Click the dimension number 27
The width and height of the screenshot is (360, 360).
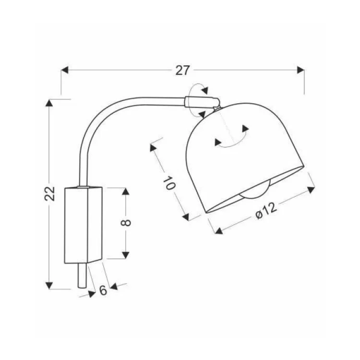183,70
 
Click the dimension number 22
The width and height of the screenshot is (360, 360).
50,194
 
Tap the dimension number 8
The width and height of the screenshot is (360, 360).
126,223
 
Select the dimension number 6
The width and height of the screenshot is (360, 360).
103,290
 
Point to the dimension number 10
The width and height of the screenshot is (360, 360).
169,183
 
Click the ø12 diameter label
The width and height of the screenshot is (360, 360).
266,212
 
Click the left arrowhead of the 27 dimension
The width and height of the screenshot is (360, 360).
65,70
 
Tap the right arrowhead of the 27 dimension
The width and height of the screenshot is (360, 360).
300,70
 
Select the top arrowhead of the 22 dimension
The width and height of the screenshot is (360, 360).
49,103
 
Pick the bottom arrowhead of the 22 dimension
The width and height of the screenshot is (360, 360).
49,286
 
